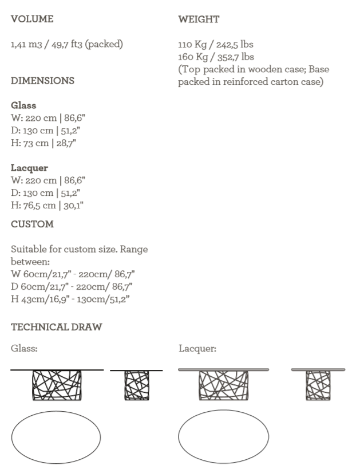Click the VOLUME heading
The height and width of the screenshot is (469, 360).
point(32,19)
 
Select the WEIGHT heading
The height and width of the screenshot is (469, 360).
point(199,19)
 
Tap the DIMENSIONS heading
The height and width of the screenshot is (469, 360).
point(42,81)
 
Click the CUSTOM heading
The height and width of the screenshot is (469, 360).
point(32,224)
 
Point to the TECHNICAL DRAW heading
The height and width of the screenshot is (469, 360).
point(56,327)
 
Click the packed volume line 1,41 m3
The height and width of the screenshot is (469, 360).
point(67,44)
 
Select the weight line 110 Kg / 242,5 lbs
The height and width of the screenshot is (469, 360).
point(216,44)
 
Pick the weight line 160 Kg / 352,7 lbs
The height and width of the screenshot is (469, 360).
point(216,57)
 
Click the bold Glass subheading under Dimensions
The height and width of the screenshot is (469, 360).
point(23,105)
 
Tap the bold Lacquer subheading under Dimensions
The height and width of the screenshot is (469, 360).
point(29,168)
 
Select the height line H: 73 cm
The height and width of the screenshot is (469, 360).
point(43,143)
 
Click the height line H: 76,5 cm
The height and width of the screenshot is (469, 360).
point(48,205)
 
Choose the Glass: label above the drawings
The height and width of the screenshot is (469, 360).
point(24,348)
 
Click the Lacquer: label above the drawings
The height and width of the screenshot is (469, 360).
point(197,348)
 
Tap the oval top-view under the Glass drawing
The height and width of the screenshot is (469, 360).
point(55,436)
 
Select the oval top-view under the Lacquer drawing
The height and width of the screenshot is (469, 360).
point(223,436)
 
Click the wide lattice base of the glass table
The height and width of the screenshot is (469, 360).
point(57,385)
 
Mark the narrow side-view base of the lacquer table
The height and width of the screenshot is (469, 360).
point(318,385)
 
